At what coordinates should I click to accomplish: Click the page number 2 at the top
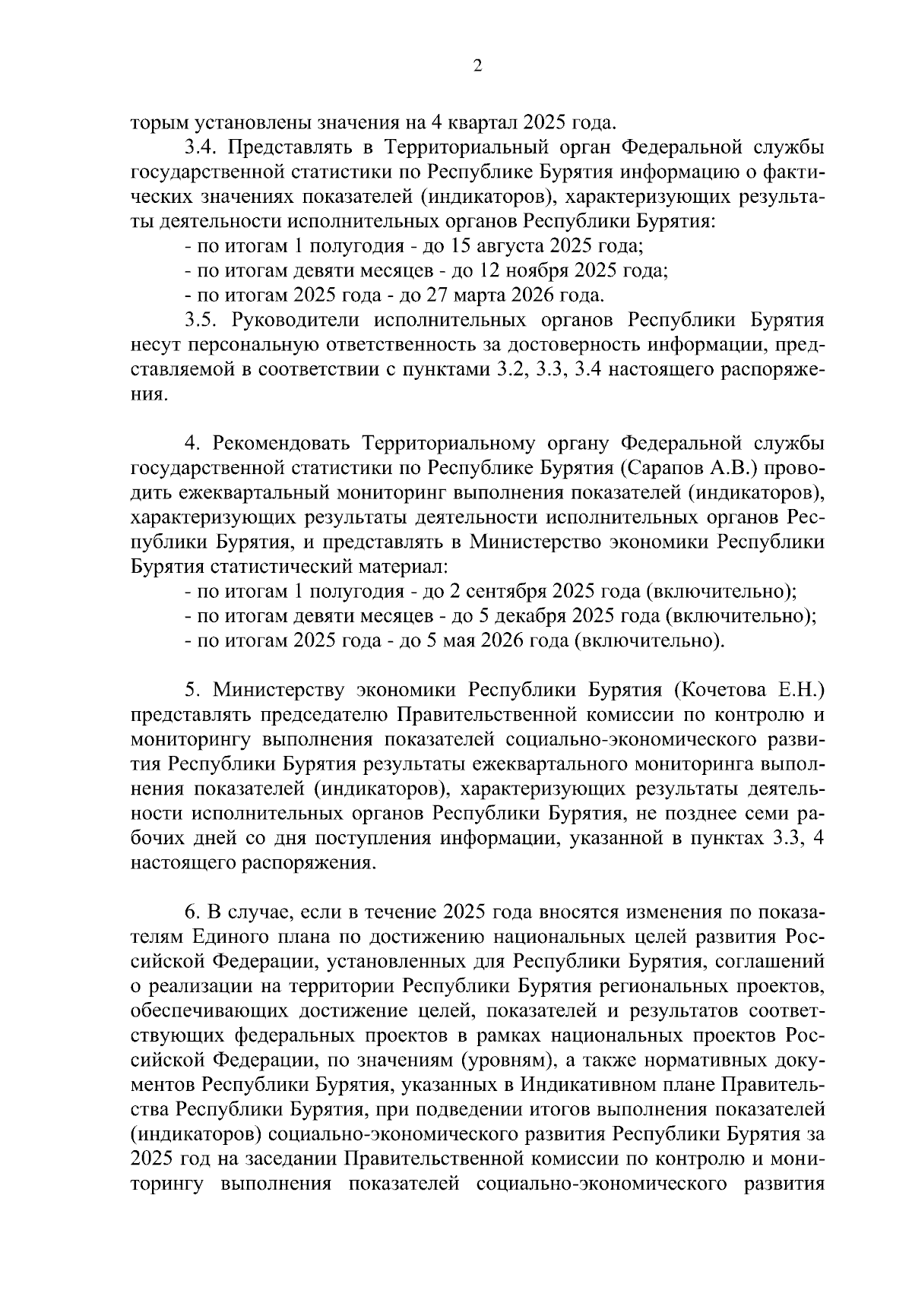[x=477, y=66]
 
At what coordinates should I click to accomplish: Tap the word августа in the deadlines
[x=508, y=246]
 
